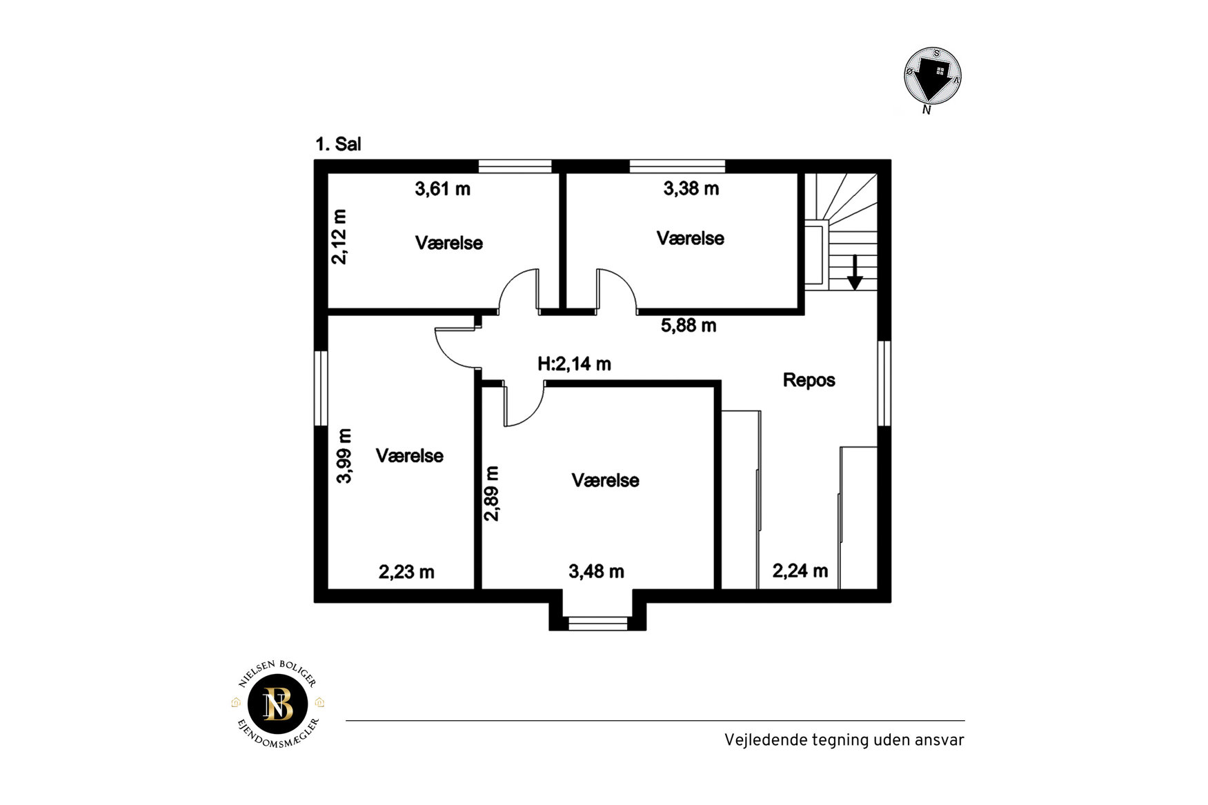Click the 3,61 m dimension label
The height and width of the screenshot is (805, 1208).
click(442, 188)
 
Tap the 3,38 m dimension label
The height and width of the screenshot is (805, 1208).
click(691, 188)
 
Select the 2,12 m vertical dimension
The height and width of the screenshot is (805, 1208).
click(339, 237)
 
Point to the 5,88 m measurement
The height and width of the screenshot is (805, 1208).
click(689, 326)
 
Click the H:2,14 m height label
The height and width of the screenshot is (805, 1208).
click(574, 364)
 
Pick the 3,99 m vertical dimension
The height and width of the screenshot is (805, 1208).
click(344, 456)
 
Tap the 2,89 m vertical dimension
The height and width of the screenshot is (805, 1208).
click(491, 494)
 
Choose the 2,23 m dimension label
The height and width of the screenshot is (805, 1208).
click(406, 572)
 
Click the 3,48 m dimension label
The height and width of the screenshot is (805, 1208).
click(596, 571)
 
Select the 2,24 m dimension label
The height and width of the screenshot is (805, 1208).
click(800, 570)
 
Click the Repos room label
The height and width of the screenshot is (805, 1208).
click(809, 380)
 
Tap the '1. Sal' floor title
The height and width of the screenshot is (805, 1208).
click(338, 144)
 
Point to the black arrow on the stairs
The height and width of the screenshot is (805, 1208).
click(855, 272)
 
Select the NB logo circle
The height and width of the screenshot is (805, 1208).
click(278, 704)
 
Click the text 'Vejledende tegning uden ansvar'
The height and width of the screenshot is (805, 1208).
click(844, 740)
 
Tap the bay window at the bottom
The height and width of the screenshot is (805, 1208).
click(597, 624)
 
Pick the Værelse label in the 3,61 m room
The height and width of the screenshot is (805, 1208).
click(448, 243)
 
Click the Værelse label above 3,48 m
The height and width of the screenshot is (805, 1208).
click(605, 480)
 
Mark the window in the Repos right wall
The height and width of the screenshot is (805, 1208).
click(884, 383)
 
